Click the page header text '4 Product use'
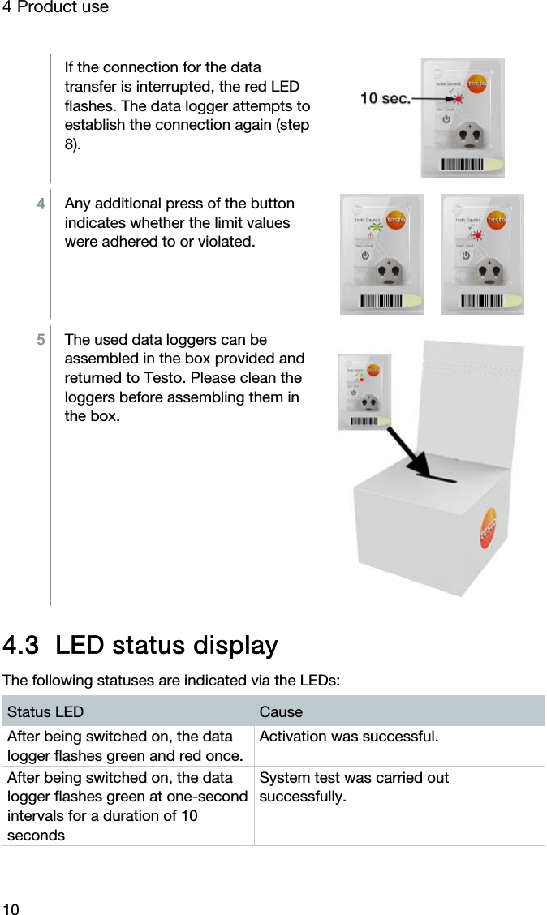point(55,8)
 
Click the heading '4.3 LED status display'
point(140,646)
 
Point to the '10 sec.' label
point(384,98)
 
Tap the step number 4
point(41,204)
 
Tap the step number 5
point(41,340)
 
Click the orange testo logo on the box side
point(489,527)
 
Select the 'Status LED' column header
point(45,711)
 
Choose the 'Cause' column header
point(281,711)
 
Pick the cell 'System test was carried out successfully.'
point(354,787)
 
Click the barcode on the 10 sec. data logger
point(463,165)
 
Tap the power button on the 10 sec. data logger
point(446,118)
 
